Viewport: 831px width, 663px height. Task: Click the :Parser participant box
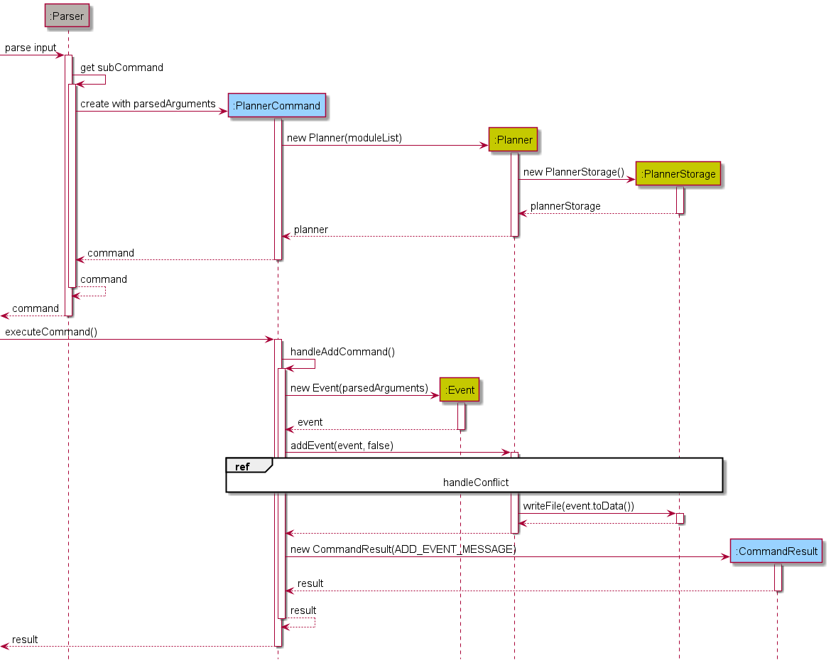click(x=67, y=16)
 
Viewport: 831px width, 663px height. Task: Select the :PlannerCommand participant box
click(x=276, y=106)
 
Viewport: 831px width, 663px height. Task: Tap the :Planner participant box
click(x=514, y=140)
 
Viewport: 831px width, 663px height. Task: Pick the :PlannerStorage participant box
click(x=678, y=174)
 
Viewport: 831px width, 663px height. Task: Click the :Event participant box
click(x=460, y=389)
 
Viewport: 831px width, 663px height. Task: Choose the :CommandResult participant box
click(x=776, y=551)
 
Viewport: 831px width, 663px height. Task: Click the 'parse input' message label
click(x=31, y=48)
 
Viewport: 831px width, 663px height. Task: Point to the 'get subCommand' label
click(x=121, y=68)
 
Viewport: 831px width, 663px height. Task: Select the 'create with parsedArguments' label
click(x=148, y=104)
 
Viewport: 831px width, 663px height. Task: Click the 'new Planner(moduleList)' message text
click(x=344, y=138)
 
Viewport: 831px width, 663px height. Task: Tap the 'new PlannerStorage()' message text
click(x=573, y=172)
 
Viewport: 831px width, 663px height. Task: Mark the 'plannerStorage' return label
click(x=565, y=206)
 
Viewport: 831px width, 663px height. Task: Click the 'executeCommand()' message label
click(x=51, y=332)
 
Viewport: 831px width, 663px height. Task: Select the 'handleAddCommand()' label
click(x=342, y=352)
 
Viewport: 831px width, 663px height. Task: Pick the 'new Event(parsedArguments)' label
click(x=359, y=388)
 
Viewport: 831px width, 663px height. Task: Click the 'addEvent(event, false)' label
click(x=342, y=446)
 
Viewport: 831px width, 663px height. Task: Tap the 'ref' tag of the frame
click(x=243, y=466)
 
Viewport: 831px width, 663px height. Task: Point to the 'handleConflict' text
click(x=476, y=483)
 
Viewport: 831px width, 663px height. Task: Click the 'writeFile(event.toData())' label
click(x=578, y=506)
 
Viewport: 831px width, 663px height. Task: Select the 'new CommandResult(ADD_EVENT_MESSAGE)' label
click(x=403, y=549)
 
